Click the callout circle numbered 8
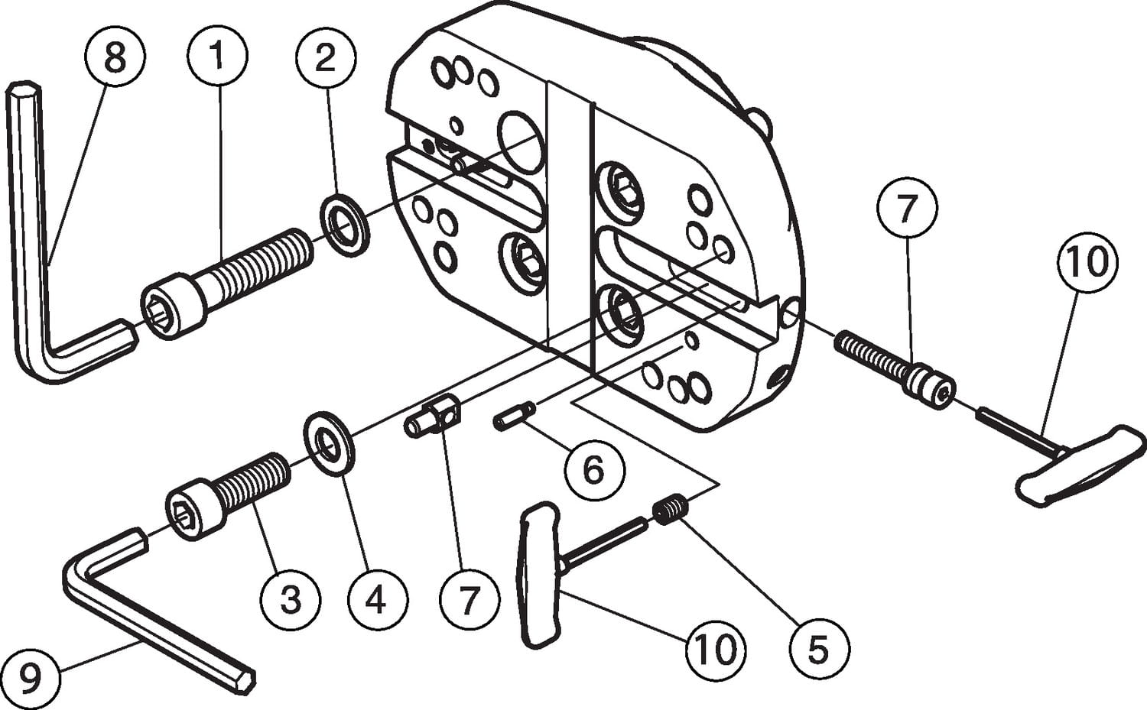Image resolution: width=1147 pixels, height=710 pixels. pyautogui.click(x=115, y=56)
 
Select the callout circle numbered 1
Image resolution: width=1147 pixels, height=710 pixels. pyautogui.click(x=218, y=56)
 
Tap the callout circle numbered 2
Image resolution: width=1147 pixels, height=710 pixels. pyautogui.click(x=325, y=58)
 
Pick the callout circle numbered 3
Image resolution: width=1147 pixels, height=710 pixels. pyautogui.click(x=291, y=598)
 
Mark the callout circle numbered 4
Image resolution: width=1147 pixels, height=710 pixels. pyautogui.click(x=378, y=598)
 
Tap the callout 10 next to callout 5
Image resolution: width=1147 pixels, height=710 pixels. pyautogui.click(x=715, y=650)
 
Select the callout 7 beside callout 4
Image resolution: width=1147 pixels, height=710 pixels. pyautogui.click(x=470, y=598)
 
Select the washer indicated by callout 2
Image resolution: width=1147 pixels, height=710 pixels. pyautogui.click(x=345, y=225)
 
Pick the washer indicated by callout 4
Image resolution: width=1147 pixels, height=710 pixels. pyautogui.click(x=329, y=443)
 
